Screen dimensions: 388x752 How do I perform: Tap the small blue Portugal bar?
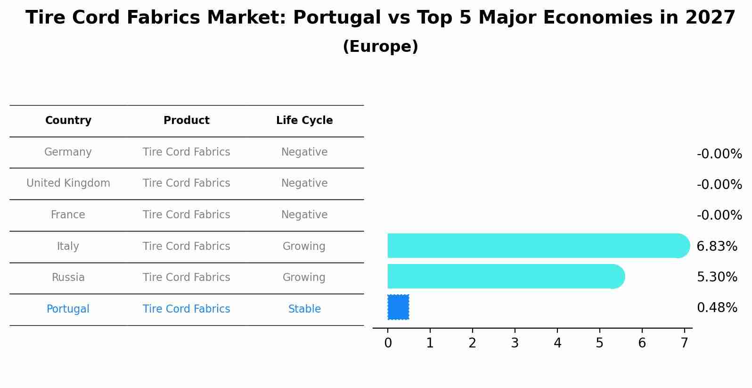pos(398,307)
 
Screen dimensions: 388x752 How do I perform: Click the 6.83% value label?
pos(717,246)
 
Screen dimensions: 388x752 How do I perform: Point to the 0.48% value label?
pos(717,308)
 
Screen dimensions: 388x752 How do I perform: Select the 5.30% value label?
pos(717,277)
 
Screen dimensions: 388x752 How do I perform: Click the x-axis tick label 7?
pos(684,343)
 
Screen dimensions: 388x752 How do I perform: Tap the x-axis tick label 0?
pos(388,343)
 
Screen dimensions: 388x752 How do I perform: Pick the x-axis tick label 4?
pos(557,343)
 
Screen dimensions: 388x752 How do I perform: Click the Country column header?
pos(68,121)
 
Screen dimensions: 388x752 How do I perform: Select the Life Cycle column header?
pos(304,121)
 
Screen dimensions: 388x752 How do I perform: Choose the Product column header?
pos(186,121)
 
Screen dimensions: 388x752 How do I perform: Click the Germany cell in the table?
pos(68,152)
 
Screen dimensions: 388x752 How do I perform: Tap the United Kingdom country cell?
pos(68,183)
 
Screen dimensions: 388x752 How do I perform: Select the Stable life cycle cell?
pos(304,309)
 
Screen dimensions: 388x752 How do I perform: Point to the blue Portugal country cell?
pos(68,309)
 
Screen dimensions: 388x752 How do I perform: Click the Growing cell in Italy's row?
pos(304,246)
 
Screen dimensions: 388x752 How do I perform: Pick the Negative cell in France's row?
pos(304,215)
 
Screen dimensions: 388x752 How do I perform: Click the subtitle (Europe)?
pos(380,47)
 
